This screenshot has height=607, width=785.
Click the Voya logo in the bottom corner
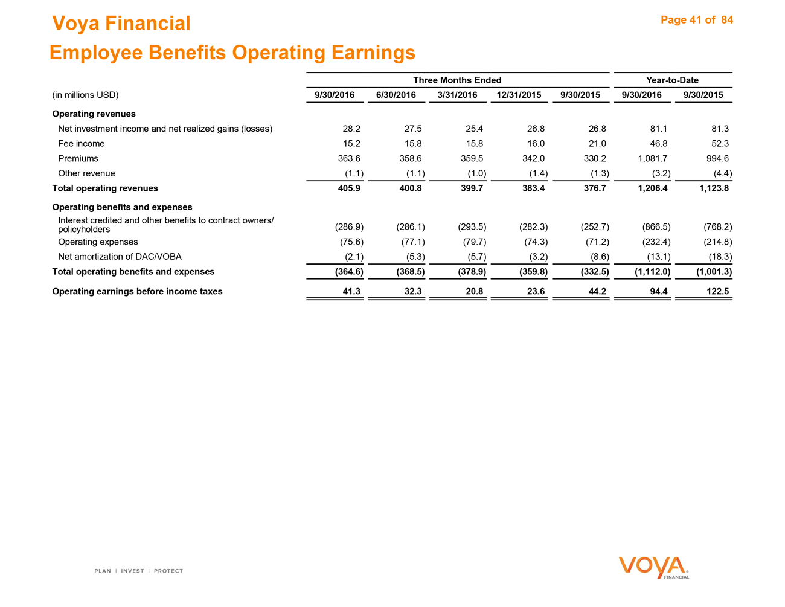coord(653,568)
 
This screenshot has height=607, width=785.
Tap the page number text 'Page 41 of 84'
coord(696,20)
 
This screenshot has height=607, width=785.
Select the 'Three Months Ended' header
coord(457,80)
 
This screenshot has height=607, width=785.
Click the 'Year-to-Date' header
coord(672,80)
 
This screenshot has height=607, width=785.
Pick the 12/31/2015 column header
coord(519,95)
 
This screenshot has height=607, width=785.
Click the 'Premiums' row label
coord(78,158)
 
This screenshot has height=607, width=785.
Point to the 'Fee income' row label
coord(81,144)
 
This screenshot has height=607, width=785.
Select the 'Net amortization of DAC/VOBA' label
coord(120,257)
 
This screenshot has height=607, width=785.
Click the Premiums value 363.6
coord(349,158)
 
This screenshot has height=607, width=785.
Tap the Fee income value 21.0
coord(595,144)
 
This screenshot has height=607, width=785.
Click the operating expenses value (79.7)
coord(472,242)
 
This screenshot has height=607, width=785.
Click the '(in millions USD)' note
coord(85,95)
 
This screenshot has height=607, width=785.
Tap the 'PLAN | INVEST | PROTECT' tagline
coord(138,571)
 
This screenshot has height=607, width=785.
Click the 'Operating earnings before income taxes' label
coord(137,292)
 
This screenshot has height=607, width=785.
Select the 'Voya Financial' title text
coord(121,24)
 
